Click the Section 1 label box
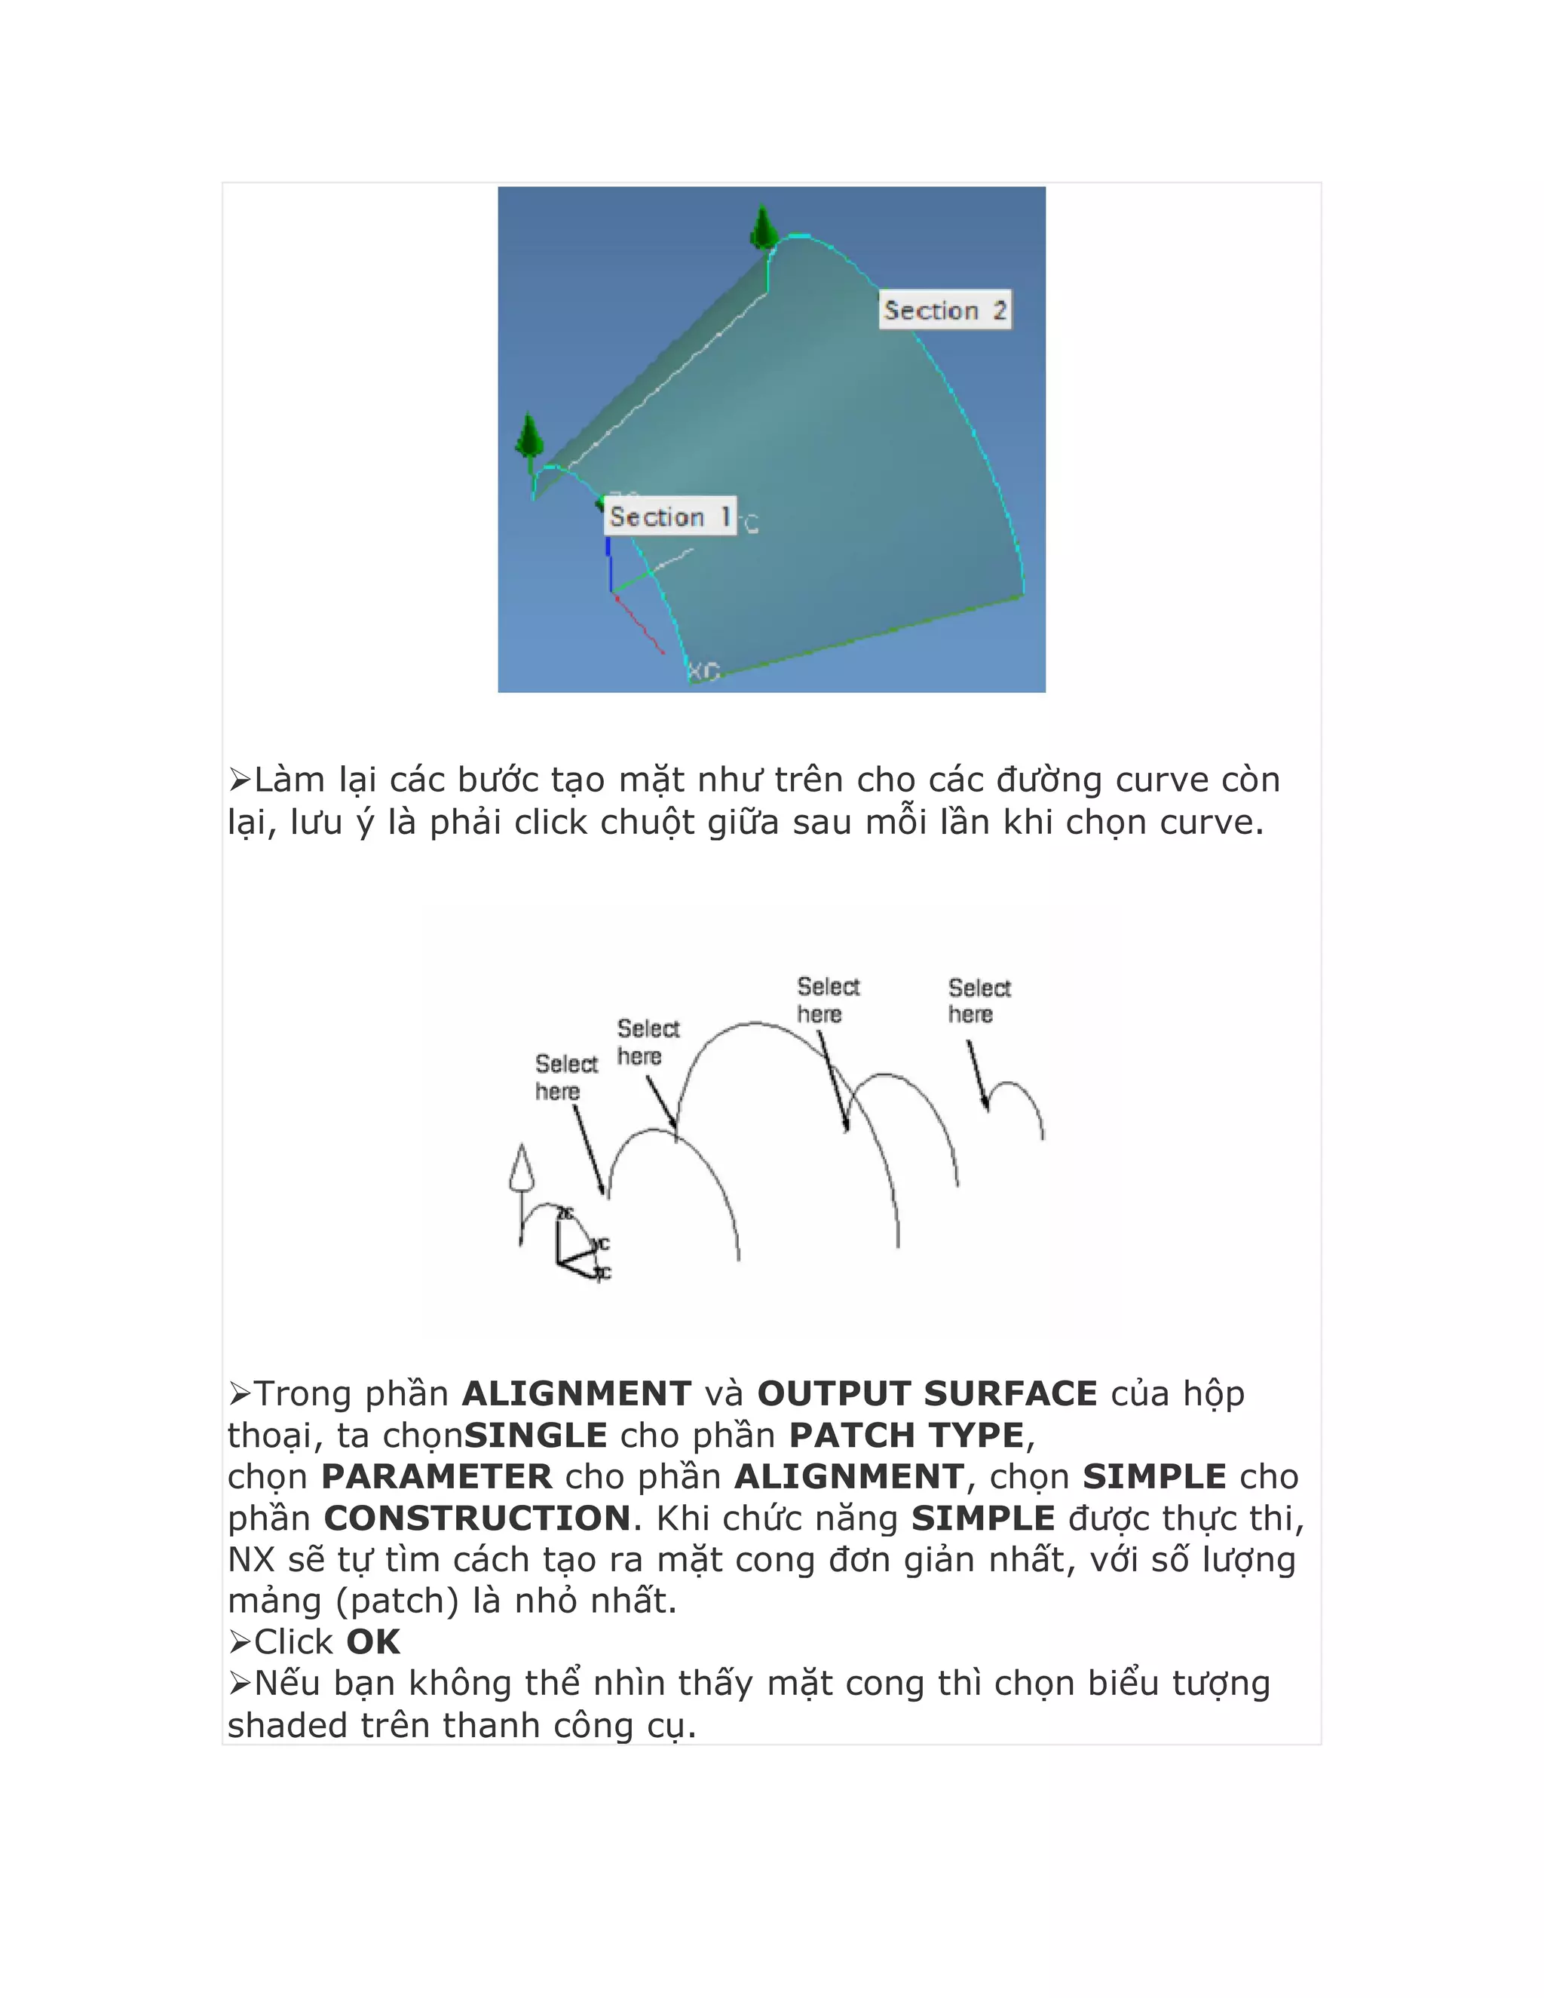pyautogui.click(x=670, y=517)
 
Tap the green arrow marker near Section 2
pyautogui.click(x=764, y=228)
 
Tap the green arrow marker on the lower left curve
pyautogui.click(x=528, y=437)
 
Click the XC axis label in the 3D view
pyautogui.click(x=703, y=673)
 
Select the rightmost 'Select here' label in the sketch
pyautogui.click(x=978, y=1001)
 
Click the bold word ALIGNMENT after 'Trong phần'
pyautogui.click(x=576, y=1394)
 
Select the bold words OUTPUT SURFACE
pyautogui.click(x=927, y=1394)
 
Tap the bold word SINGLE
pyautogui.click(x=535, y=1436)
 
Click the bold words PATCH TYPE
pyautogui.click(x=905, y=1436)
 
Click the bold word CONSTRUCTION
pyautogui.click(x=476, y=1518)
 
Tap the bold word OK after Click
pyautogui.click(x=373, y=1642)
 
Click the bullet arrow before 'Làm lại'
pyautogui.click(x=240, y=780)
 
